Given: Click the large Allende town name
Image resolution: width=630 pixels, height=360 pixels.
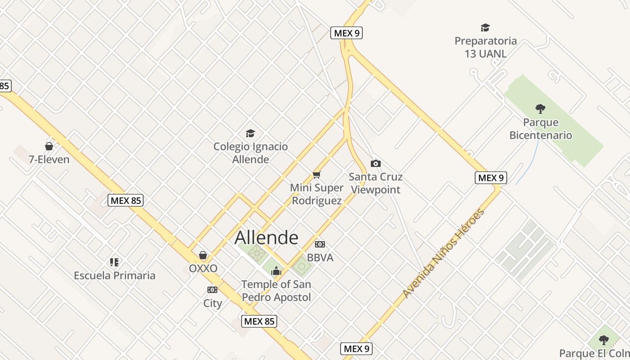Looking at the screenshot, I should pos(266,238).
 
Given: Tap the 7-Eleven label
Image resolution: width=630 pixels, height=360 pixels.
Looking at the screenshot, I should pos(49,159).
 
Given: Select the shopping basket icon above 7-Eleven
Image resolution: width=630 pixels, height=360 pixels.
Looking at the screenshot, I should pos(49,146).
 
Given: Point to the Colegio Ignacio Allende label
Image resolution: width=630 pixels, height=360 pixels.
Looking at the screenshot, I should pos(251,153).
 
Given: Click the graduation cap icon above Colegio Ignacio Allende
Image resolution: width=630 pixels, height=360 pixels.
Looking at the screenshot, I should pos(250,133).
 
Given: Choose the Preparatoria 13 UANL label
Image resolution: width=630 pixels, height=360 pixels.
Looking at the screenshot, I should pos(486,47).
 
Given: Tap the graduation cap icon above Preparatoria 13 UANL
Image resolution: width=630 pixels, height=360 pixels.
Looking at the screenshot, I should pos(485,28).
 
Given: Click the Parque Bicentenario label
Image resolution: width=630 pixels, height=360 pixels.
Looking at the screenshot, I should pos(540,129).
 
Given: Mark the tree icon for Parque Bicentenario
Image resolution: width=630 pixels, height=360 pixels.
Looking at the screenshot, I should pos(540,108).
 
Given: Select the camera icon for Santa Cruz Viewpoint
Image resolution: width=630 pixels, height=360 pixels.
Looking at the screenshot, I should pos(375,163).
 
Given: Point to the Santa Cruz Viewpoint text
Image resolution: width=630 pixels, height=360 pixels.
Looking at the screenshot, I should pos(376,183).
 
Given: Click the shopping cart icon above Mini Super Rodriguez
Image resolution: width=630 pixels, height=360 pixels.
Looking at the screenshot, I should pos(317,175).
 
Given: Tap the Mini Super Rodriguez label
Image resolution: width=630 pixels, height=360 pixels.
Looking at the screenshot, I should pos(317,194).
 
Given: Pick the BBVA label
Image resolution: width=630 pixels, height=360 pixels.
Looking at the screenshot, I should pos(320,258).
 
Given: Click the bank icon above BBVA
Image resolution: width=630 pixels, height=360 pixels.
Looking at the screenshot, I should pos(320,244).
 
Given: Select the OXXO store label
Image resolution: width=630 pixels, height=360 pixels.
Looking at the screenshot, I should pos(203,269).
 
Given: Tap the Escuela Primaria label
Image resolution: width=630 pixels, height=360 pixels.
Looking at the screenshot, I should pos(115,275).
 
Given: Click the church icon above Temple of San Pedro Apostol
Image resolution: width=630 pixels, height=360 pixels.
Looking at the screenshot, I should pos(276,271).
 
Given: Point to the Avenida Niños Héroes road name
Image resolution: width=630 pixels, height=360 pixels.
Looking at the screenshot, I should pos(443,253).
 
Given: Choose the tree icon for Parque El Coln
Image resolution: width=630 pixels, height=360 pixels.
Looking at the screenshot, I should pos(604,340).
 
